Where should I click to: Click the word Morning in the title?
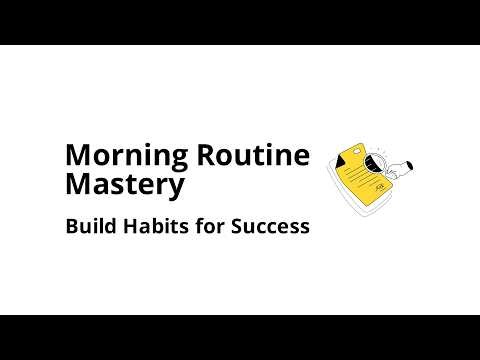119,156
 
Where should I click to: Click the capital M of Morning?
77,156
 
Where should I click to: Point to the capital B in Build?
71,226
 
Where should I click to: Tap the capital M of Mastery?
77,185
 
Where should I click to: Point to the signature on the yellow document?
380,190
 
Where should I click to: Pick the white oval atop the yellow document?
362,141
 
